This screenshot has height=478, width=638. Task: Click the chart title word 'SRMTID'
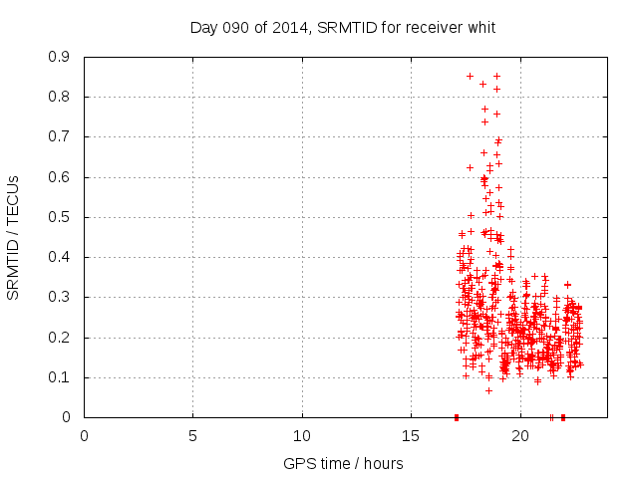pos(345,27)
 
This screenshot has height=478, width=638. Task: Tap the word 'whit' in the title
pos(479,27)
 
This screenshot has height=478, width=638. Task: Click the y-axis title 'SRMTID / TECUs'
pos(13,237)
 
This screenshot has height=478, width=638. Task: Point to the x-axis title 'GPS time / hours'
pos(343,463)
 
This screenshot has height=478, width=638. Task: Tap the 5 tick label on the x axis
pos(192,435)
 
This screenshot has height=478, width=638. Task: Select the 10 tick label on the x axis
pos(302,435)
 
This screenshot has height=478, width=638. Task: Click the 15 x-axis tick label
pos(411,435)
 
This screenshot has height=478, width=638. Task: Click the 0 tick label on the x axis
pos(84,435)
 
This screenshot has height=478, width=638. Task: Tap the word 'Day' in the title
pos(203,27)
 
